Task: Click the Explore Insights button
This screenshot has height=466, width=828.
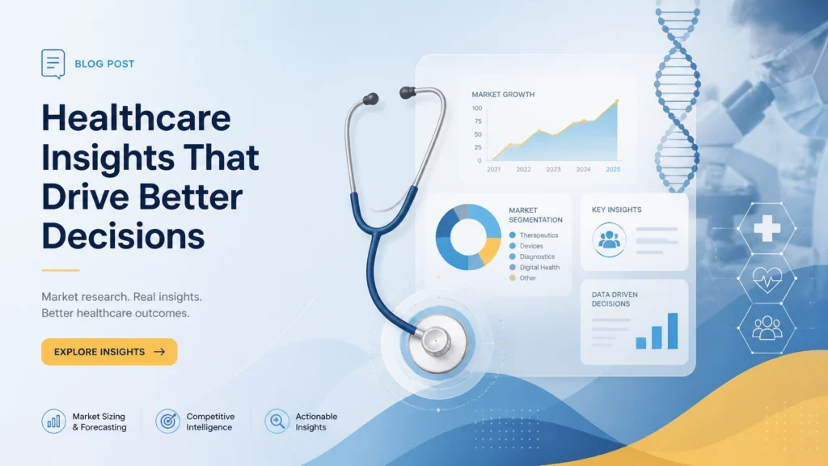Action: click(x=109, y=352)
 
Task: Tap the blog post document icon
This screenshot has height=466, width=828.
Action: click(x=53, y=64)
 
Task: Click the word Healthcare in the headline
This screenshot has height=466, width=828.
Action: click(x=136, y=118)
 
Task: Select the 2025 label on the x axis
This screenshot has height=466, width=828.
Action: click(x=613, y=170)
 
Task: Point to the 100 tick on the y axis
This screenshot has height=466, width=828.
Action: click(x=477, y=108)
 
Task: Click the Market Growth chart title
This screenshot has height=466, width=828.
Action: click(x=503, y=95)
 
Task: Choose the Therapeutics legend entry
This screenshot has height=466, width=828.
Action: click(x=534, y=235)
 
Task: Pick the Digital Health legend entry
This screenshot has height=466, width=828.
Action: click(x=534, y=267)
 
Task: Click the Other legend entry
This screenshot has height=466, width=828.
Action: click(x=523, y=278)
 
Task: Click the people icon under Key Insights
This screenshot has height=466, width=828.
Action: click(x=609, y=239)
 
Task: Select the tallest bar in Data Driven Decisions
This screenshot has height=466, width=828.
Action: click(x=673, y=331)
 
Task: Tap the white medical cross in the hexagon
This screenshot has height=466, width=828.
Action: click(x=767, y=228)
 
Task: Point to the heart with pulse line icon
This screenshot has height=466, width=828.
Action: click(x=767, y=278)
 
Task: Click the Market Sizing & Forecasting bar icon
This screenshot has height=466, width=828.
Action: click(x=53, y=422)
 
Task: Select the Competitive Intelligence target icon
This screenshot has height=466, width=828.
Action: click(x=167, y=422)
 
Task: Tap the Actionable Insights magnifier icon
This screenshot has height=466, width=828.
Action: click(x=277, y=422)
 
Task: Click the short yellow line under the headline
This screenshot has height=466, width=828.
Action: click(x=61, y=270)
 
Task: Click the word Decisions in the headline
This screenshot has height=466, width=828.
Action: click(x=123, y=235)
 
